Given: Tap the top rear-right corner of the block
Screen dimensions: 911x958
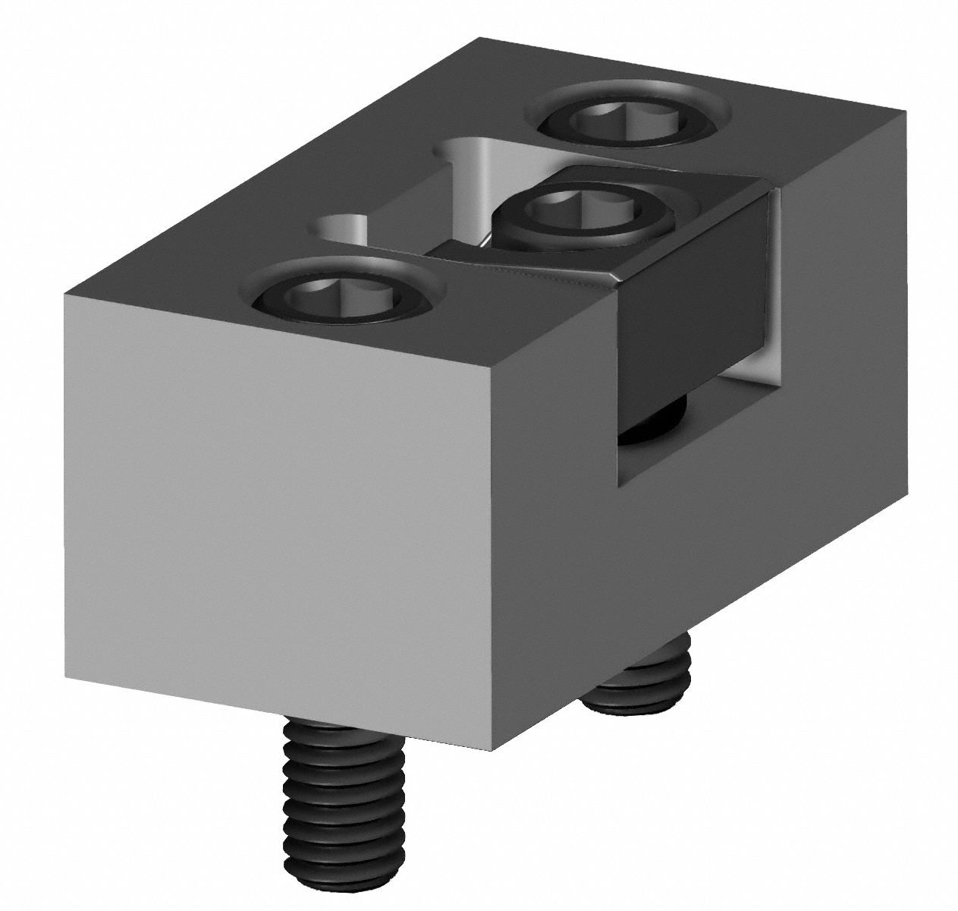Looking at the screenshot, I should (905, 112).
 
